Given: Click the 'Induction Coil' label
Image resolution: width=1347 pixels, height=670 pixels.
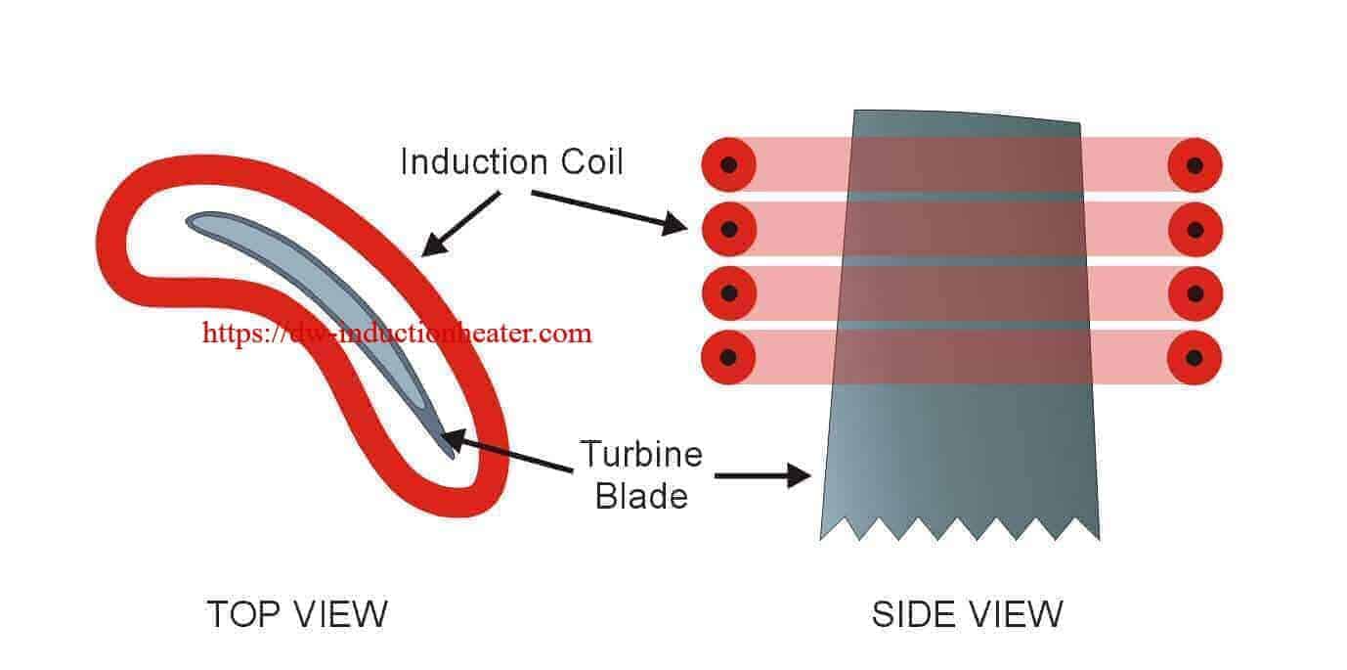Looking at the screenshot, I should [x=511, y=161].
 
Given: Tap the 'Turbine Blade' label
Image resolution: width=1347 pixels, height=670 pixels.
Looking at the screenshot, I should [x=641, y=475].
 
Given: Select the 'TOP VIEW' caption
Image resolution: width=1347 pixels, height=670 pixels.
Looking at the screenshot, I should [x=297, y=614].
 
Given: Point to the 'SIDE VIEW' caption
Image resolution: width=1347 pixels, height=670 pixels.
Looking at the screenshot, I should [x=967, y=614].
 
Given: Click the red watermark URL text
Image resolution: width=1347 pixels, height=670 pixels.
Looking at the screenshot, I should [x=397, y=333].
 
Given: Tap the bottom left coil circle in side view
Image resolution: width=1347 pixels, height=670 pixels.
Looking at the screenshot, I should [x=729, y=356].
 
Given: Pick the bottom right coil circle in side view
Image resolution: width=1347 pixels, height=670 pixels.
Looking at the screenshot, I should [x=1195, y=356].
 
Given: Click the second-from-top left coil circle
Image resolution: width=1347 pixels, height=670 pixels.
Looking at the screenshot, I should [x=729, y=229].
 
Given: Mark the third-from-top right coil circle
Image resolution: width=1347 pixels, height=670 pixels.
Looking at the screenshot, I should [x=1195, y=292].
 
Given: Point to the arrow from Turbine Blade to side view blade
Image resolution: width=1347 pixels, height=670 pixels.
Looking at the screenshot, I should [x=763, y=477].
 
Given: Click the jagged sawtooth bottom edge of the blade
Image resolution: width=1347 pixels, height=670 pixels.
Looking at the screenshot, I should [x=958, y=529].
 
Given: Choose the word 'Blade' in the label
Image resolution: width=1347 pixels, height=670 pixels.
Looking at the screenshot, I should [x=641, y=496].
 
